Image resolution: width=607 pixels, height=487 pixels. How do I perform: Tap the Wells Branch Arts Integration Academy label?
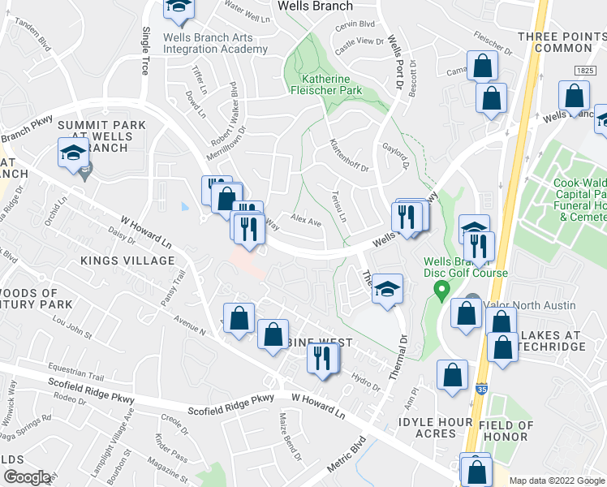click(x=215, y=43)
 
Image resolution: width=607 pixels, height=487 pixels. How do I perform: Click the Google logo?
click(x=27, y=477)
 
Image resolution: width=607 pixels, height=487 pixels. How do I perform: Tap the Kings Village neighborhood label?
click(x=127, y=261)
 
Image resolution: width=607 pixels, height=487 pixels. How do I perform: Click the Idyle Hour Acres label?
click(x=435, y=427)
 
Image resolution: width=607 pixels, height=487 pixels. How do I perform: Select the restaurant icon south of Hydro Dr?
click(x=323, y=358)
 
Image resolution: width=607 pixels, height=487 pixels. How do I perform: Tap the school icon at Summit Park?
click(x=73, y=153)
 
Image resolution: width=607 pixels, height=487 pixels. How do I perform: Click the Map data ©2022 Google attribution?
click(x=556, y=481)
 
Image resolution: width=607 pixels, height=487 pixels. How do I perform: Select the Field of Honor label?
click(x=507, y=432)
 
